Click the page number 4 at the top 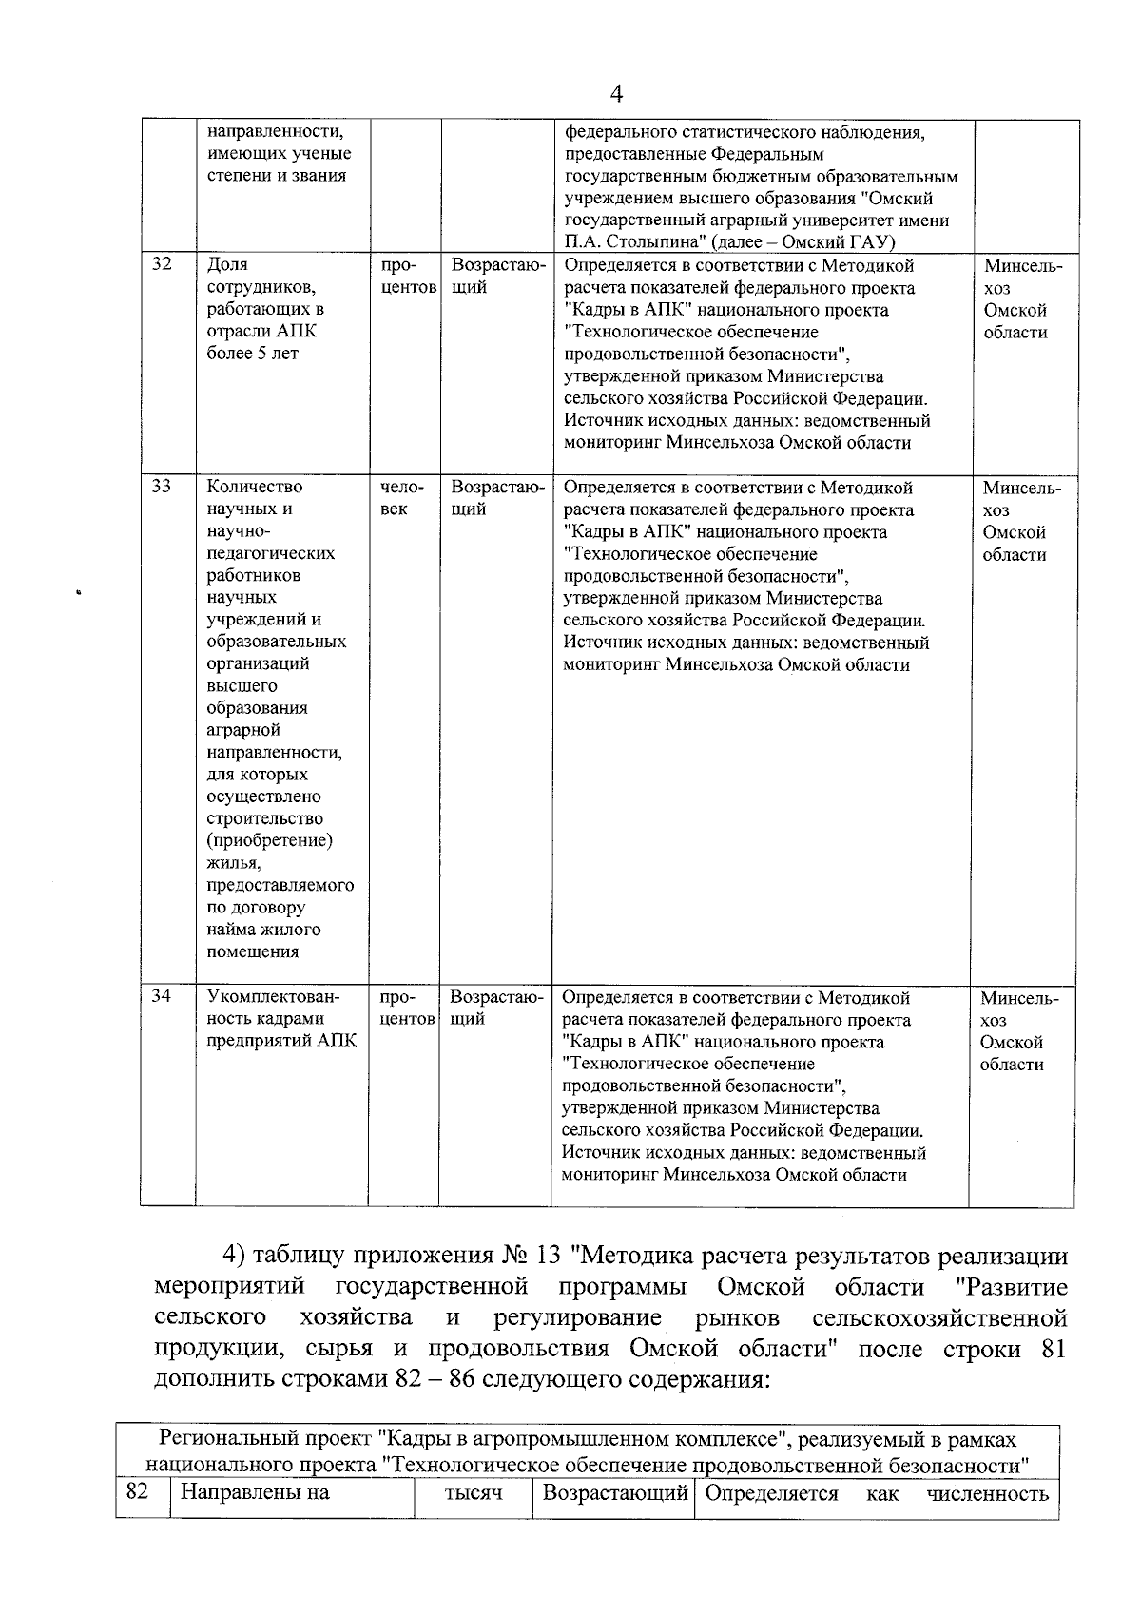point(616,94)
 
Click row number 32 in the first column point(162,264)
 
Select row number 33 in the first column point(162,487)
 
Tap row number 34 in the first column point(162,996)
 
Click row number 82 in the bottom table point(137,1492)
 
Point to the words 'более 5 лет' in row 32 point(252,354)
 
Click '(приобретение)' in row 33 point(270,841)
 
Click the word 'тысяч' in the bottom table point(473,1493)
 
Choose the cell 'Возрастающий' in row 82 point(614,1493)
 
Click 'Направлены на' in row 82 point(255,1493)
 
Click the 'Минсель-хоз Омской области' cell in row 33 point(1021,521)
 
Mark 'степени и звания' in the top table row point(276,176)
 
